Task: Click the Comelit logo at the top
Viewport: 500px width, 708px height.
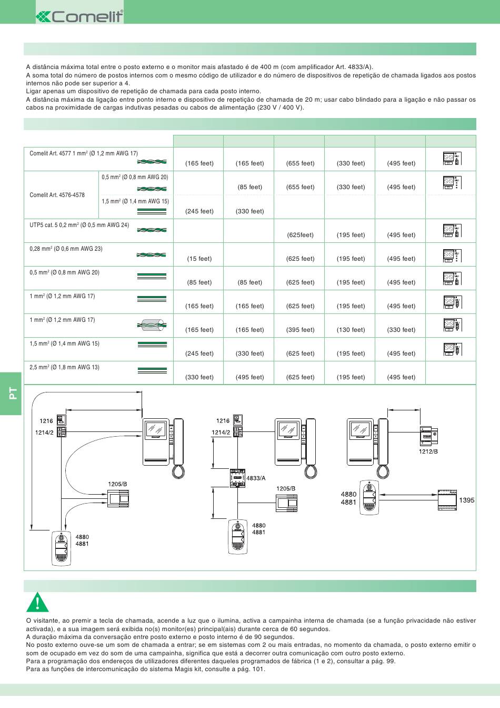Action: coord(79,16)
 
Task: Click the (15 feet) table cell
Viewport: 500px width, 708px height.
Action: coord(199,259)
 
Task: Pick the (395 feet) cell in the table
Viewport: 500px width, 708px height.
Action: coord(301,330)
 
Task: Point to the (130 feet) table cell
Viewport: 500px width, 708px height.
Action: coord(351,330)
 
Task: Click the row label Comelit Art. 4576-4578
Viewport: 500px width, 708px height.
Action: coord(57,195)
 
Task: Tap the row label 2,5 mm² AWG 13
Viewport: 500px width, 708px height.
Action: coord(64,367)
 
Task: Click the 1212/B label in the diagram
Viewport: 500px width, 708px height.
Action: coord(428,451)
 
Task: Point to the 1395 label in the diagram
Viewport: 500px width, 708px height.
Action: coord(466,500)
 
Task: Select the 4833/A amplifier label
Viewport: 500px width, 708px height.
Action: coord(256,478)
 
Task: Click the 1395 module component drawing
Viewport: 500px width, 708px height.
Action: coord(447,500)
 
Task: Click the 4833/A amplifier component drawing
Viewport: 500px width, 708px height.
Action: coord(237,478)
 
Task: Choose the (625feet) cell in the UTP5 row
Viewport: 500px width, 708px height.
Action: coord(301,235)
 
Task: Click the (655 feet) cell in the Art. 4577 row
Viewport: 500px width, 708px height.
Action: coord(301,163)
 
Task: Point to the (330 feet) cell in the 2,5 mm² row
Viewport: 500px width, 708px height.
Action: coord(199,377)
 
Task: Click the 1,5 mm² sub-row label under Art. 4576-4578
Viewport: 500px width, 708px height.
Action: coord(135,201)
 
